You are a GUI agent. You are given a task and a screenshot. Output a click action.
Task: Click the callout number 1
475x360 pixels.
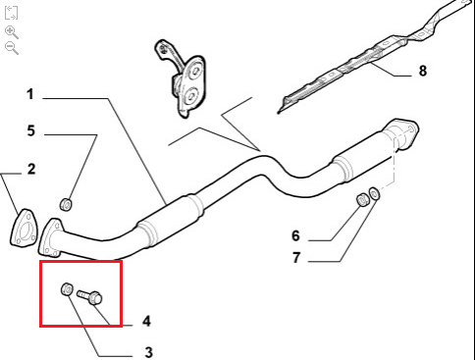30,94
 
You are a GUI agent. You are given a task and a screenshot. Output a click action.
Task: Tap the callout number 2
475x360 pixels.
31,170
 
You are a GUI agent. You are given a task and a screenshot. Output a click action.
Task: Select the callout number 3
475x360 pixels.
148,352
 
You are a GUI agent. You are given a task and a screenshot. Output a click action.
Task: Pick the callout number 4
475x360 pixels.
146,321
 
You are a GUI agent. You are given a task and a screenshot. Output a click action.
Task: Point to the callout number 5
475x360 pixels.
30,130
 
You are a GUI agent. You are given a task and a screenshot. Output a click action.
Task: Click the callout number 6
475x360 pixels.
295,235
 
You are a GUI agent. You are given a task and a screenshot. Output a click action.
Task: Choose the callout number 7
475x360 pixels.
296,258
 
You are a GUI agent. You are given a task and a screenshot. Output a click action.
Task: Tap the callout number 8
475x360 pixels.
423,71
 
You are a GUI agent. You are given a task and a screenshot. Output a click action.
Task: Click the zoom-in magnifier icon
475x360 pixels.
12,32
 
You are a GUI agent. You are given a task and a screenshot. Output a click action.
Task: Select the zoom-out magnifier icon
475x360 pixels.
12,48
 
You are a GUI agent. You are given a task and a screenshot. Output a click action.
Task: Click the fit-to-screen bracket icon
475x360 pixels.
11,13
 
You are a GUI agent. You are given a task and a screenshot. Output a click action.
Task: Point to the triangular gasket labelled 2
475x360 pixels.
24,228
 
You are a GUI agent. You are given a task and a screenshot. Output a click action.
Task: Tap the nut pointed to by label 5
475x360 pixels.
66,205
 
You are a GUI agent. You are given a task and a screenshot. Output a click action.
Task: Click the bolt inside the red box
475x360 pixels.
90,296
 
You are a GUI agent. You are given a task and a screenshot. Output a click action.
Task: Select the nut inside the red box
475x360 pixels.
67,288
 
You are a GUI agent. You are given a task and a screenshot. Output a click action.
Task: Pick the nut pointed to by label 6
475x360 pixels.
362,199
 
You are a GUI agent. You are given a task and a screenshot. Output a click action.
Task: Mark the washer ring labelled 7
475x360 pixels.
374,193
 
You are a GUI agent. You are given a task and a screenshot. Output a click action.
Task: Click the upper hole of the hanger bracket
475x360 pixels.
196,72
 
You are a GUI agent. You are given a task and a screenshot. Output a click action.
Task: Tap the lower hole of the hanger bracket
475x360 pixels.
189,95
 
